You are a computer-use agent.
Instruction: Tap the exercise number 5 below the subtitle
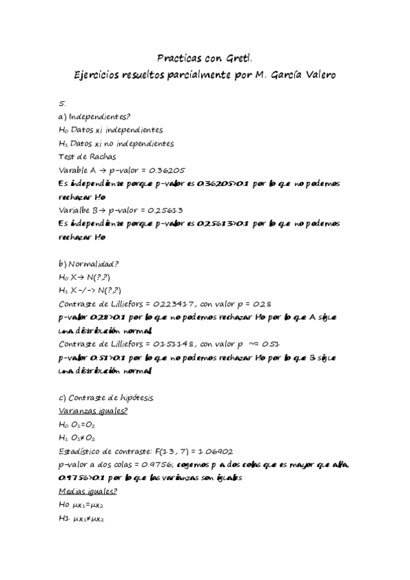pyautogui.click(x=62, y=103)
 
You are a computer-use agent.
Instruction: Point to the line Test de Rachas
pyautogui.click(x=88, y=157)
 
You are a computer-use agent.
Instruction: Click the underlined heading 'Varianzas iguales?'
pyautogui.click(x=93, y=410)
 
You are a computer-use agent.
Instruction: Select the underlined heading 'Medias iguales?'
pyautogui.click(x=88, y=491)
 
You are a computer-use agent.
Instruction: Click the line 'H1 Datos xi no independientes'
pyautogui.click(x=116, y=144)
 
